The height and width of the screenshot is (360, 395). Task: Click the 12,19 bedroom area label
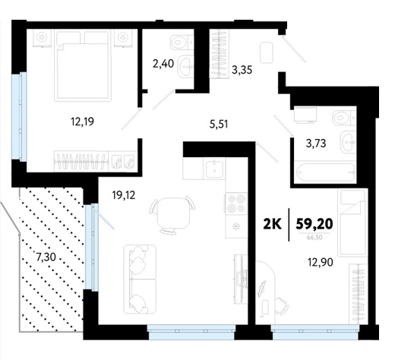pos(83,122)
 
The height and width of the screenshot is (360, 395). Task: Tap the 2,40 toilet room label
pos(163,64)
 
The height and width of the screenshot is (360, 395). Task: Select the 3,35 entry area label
pos(242,70)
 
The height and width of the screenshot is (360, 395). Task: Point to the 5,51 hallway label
pos(219,125)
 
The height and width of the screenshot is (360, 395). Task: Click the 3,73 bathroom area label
pos(316,144)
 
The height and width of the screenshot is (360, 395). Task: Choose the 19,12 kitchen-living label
pos(124,195)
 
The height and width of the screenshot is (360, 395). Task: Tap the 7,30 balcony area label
pos(46,257)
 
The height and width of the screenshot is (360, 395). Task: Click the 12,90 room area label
pos(321,262)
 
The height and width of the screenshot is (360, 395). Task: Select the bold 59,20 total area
pos(314,224)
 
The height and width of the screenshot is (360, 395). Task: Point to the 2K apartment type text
pos(273,224)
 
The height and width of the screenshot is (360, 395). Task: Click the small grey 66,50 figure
pos(314,238)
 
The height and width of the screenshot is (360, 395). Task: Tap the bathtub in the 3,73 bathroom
pos(326,172)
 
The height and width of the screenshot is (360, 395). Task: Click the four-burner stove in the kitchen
pos(236,204)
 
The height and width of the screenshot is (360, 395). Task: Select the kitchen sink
pos(214,168)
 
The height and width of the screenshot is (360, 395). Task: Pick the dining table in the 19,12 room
pos(172,213)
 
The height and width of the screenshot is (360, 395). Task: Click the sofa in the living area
pos(140,279)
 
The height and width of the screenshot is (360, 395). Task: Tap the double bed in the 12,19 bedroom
pos(83,65)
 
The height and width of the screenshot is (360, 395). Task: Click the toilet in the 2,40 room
pos(182,42)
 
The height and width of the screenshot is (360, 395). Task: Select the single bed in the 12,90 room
pos(352,223)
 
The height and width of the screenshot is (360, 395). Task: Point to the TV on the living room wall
pos(240,278)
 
